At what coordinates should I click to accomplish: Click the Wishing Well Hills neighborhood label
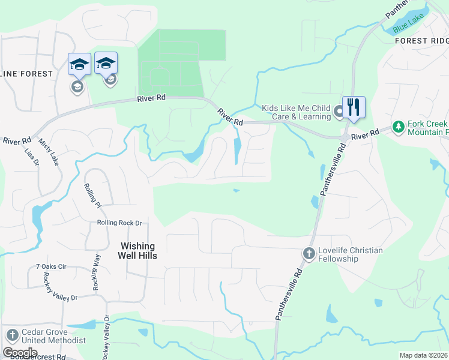coord(138,251)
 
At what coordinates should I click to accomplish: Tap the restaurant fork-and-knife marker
coord(354,107)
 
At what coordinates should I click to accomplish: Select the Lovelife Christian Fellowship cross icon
coord(309,253)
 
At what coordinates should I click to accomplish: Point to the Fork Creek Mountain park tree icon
coord(397,127)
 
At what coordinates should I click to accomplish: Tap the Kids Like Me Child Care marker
coord(339,111)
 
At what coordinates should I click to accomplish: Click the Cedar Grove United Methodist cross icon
coord(11,335)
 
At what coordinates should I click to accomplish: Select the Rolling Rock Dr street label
coord(119,223)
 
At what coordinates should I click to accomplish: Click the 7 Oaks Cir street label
coord(55,266)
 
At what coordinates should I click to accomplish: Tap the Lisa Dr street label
coord(31,158)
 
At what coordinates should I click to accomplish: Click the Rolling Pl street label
coord(92,196)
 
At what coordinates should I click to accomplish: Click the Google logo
coord(20,352)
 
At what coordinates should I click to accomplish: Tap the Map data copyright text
coord(423,355)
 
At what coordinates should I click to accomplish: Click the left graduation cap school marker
coord(79,64)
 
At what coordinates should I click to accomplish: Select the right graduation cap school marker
coord(106,62)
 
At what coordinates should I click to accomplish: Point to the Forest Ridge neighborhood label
coord(421,41)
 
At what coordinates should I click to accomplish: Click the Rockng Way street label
coord(96,273)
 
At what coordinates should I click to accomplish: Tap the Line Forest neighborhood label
coord(26,73)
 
